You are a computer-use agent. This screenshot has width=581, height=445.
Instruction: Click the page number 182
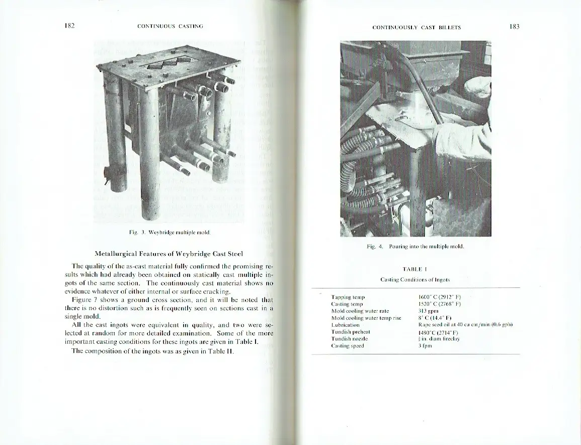coord(69,26)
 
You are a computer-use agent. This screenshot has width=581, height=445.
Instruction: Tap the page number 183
coord(514,27)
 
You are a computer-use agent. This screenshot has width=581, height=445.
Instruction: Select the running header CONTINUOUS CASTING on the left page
coord(170,26)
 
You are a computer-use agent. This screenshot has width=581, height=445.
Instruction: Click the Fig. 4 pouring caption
coord(414,247)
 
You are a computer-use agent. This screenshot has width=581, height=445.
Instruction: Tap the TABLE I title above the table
coord(414,269)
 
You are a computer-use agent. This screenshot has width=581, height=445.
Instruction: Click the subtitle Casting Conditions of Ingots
coord(414,279)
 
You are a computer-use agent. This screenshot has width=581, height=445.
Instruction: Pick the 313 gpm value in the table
coord(426,311)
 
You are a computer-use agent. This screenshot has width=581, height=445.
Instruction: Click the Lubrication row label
coord(345,325)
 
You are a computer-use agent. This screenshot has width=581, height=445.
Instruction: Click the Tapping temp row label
coord(348,298)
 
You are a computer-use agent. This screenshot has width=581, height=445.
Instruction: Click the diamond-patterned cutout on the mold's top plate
coord(167,65)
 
